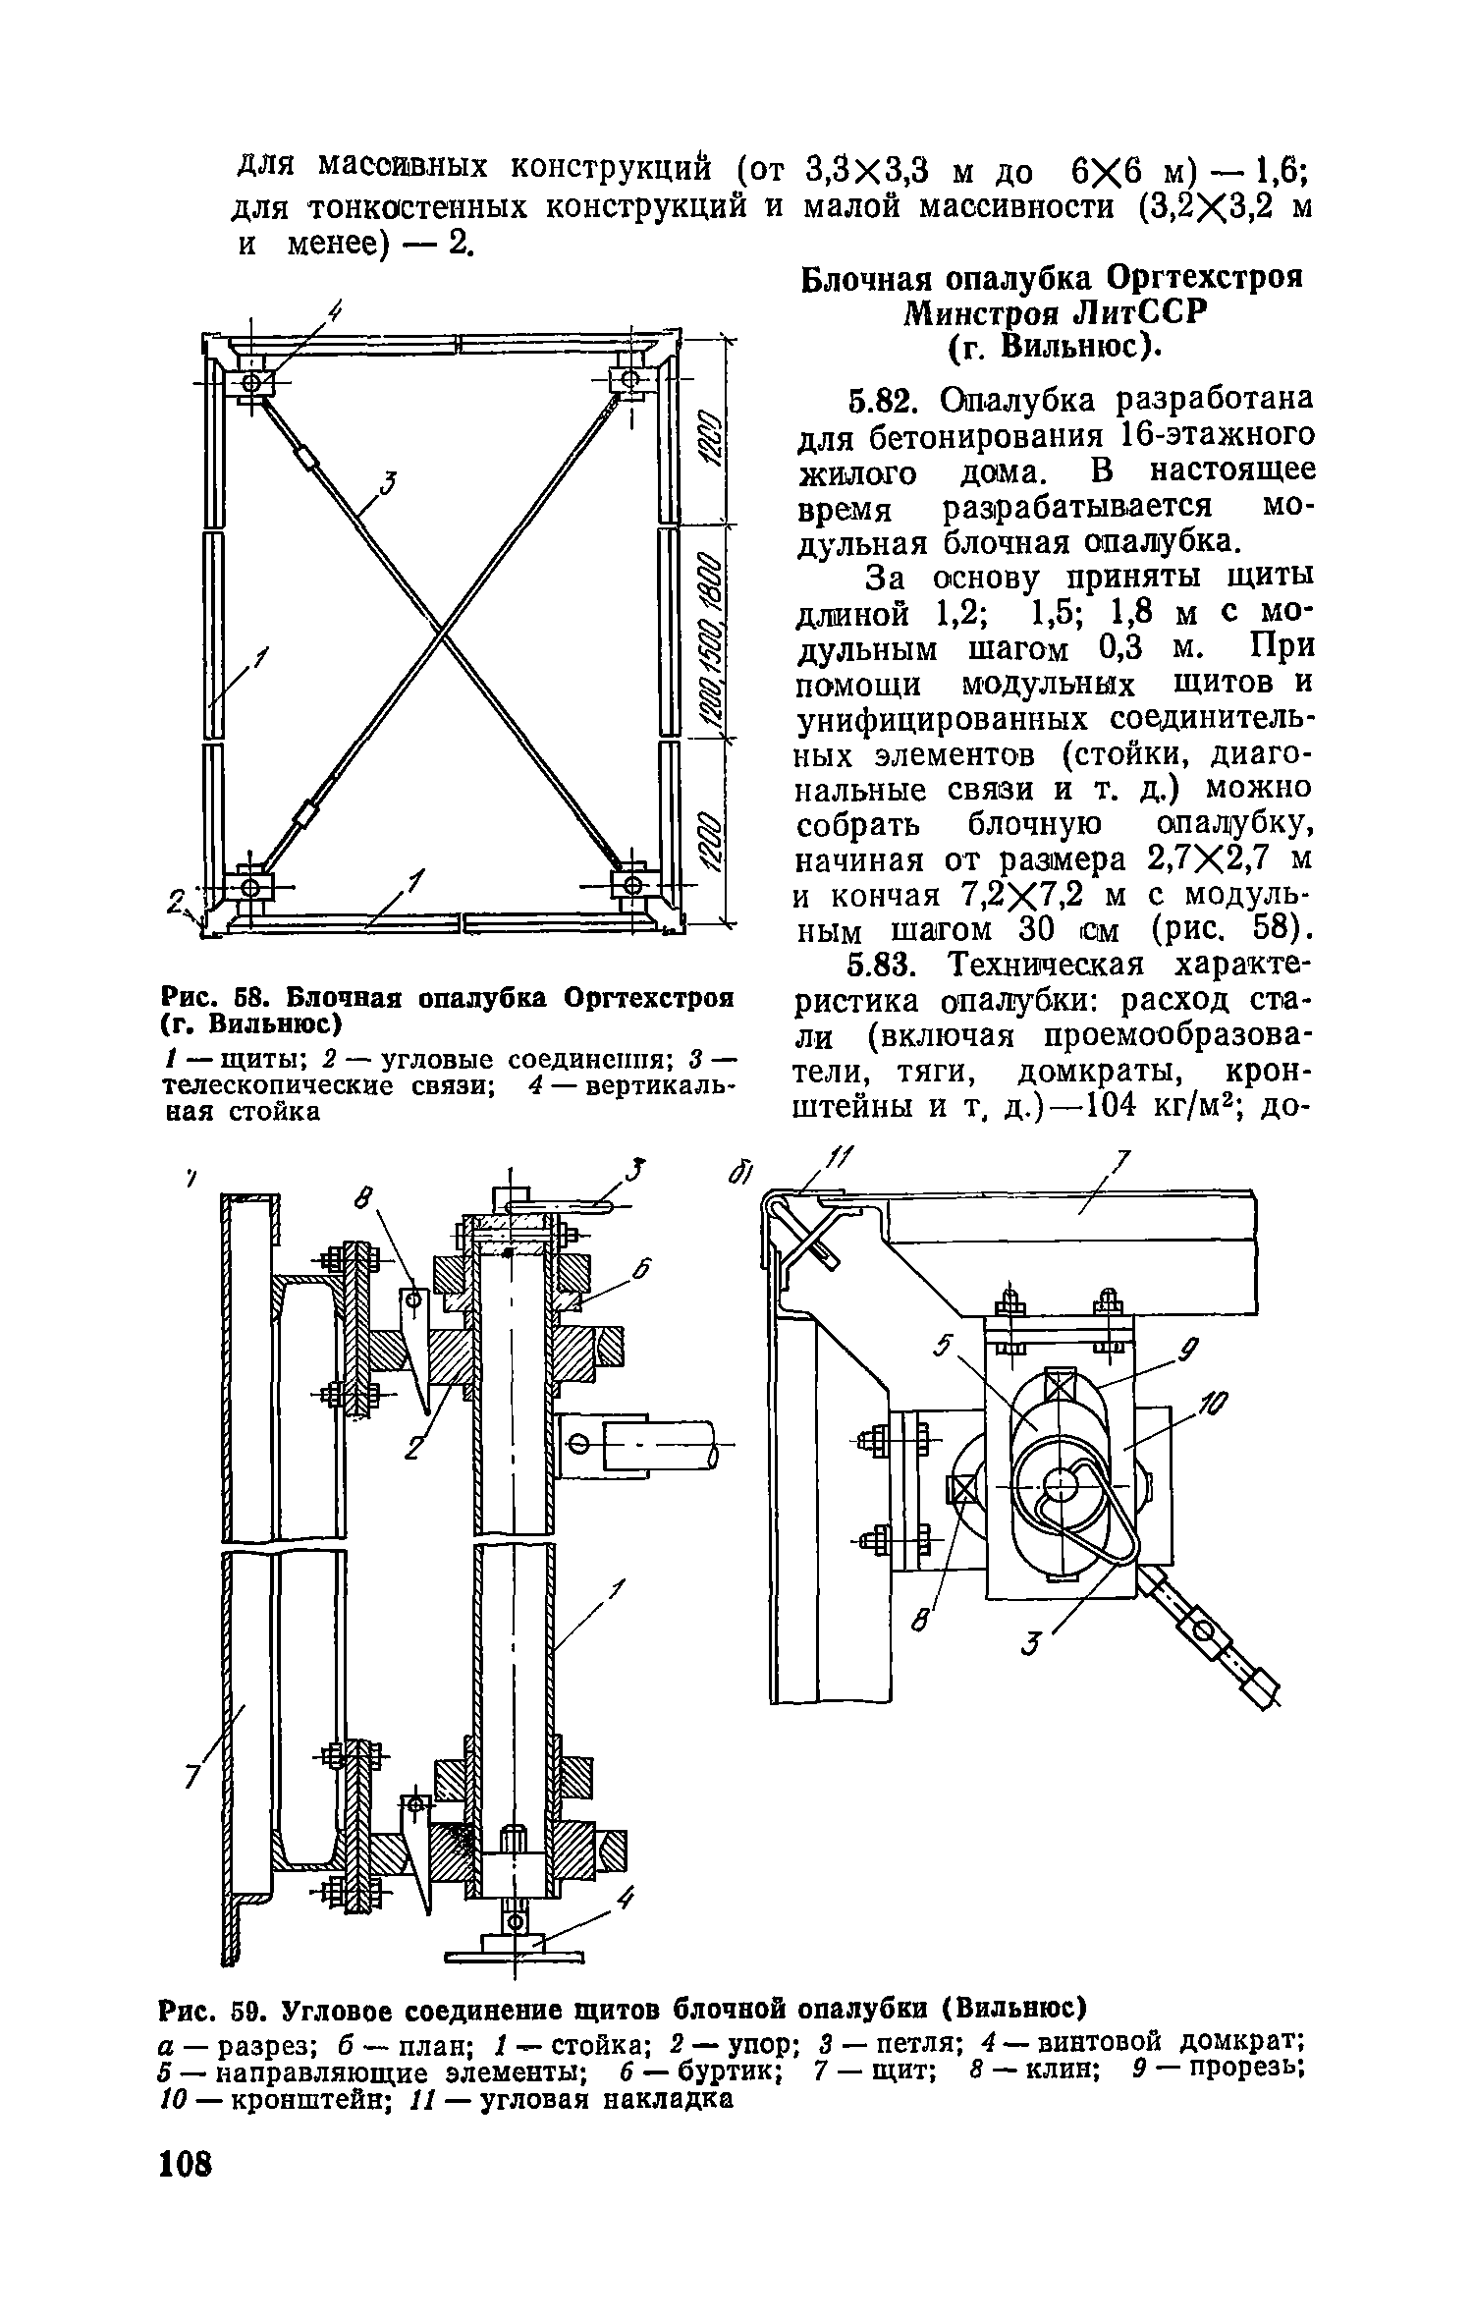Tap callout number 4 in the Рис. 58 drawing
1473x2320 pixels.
point(335,312)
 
